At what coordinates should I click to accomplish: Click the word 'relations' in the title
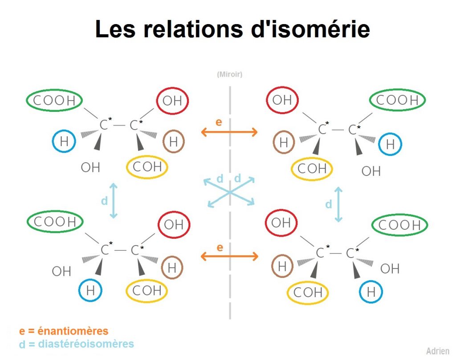[x=193, y=29]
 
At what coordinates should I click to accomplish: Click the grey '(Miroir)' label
[x=230, y=74]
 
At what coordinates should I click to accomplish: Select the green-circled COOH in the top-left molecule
[x=54, y=100]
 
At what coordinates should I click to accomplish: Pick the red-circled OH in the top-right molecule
[x=282, y=100]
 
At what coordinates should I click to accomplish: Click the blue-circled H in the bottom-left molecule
[x=90, y=290]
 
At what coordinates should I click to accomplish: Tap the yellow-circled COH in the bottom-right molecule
[x=308, y=292]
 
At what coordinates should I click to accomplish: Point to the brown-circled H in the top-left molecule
[x=173, y=142]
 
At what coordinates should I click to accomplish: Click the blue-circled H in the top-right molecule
[x=390, y=144]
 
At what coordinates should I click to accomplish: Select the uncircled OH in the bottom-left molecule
[x=61, y=271]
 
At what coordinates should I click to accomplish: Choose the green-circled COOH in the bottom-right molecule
[x=399, y=225]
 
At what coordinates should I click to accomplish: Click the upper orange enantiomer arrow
[x=229, y=132]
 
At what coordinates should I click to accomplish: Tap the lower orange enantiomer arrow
[x=229, y=256]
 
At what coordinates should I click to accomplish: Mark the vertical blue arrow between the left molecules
[x=114, y=201]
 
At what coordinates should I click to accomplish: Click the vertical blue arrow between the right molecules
[x=338, y=205]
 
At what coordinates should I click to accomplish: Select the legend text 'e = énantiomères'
[x=64, y=331]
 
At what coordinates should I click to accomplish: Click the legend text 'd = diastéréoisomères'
[x=77, y=344]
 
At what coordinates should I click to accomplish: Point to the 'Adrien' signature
[x=438, y=351]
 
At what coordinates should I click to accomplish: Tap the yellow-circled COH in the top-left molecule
[x=147, y=167]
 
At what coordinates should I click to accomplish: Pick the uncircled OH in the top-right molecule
[x=371, y=171]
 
